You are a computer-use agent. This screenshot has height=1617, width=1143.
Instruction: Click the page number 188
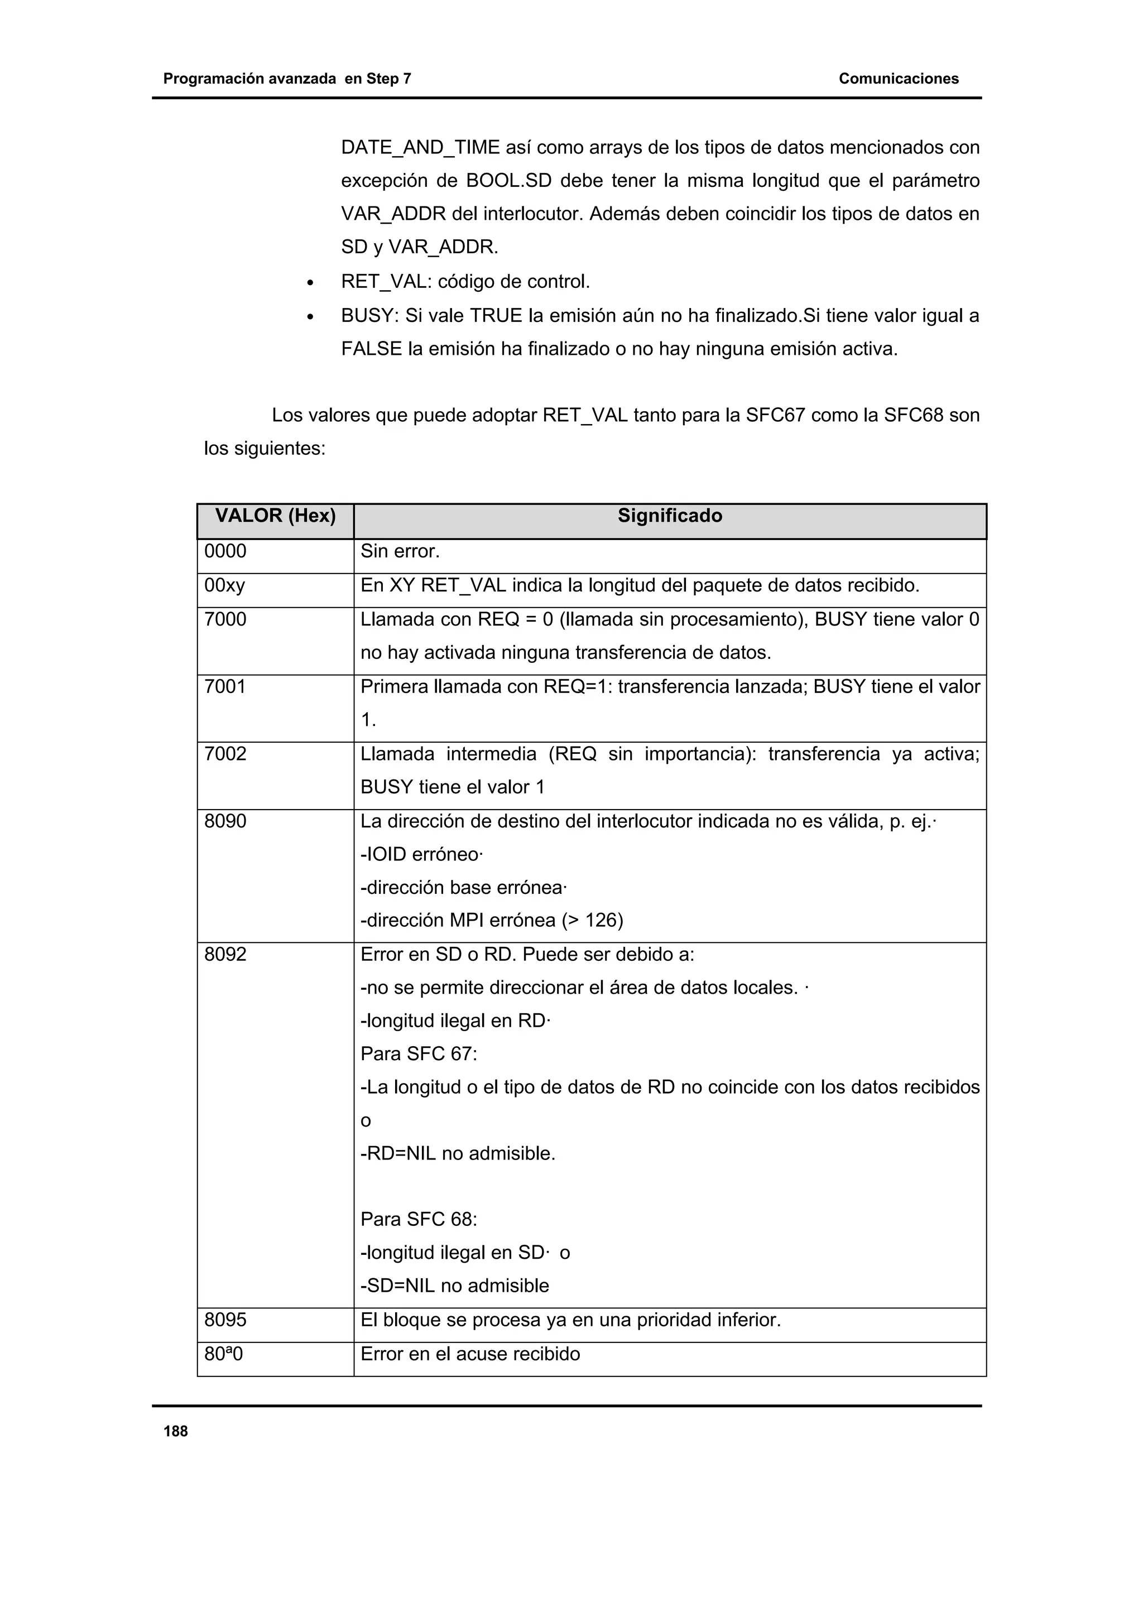175,1431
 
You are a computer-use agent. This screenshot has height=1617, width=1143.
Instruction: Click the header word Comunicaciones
898,79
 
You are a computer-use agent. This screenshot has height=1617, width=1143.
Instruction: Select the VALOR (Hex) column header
275,516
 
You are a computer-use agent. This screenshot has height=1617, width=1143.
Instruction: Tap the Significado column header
670,516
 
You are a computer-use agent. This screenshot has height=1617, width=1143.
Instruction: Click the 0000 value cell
225,551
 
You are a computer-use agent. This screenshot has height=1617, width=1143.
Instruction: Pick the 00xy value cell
225,586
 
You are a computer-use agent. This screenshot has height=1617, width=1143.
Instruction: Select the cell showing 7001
225,687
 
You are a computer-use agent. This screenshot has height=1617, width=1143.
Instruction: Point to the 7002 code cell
225,754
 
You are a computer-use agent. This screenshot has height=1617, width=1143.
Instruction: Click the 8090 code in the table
225,822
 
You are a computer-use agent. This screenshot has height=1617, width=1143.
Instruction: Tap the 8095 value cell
225,1320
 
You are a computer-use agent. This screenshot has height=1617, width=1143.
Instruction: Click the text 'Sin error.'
400,551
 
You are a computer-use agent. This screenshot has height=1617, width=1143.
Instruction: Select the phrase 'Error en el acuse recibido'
470,1354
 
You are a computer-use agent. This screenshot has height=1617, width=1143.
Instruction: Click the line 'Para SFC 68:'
419,1219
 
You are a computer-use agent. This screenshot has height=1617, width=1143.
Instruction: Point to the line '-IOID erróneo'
420,855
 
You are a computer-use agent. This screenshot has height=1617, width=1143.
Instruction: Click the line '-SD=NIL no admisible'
454,1286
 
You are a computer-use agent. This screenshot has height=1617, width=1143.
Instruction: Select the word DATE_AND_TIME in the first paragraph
420,148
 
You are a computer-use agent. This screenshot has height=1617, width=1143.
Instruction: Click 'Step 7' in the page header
388,79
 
